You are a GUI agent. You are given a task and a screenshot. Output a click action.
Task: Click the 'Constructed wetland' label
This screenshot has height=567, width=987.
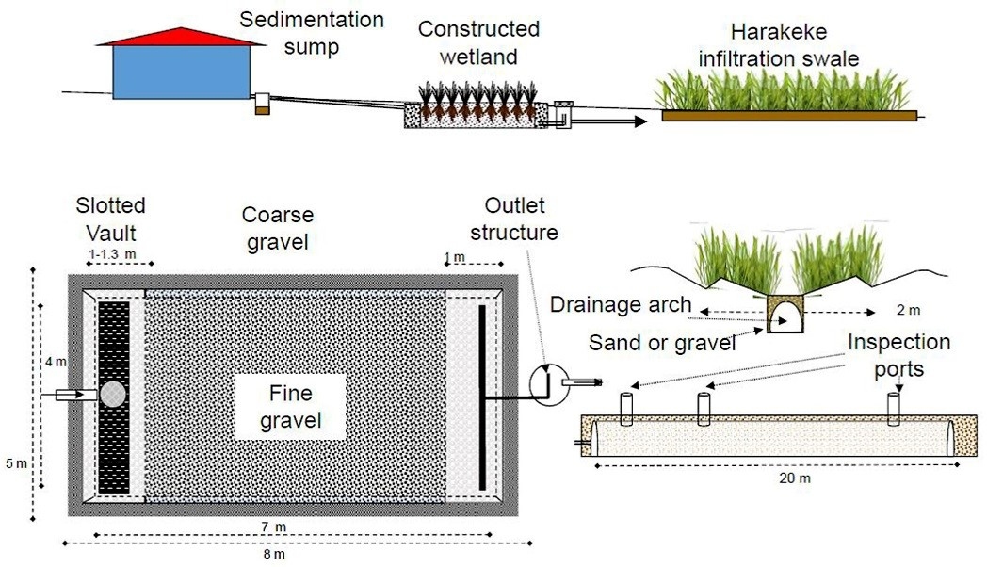tap(479, 42)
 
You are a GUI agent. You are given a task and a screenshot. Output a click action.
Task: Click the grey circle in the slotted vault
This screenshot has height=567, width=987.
tap(113, 394)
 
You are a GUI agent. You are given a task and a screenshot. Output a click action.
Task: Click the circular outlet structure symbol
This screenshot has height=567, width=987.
tap(543, 381)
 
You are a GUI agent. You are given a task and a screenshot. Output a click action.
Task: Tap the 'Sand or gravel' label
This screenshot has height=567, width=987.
tap(663, 342)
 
